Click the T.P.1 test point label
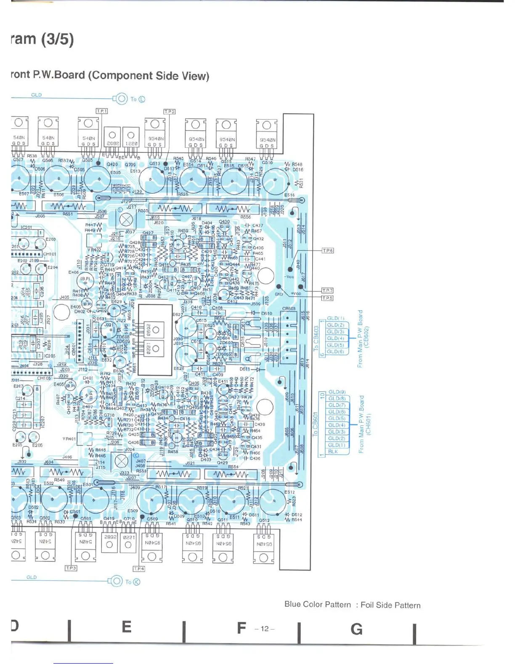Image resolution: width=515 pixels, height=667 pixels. (x=102, y=111)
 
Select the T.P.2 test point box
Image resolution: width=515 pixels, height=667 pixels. (x=169, y=112)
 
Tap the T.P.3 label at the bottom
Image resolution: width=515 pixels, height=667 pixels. (x=71, y=568)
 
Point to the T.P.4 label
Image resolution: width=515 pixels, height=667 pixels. (x=139, y=568)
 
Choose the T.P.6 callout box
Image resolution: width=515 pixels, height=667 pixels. (x=327, y=251)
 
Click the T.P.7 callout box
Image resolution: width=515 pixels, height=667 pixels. (x=327, y=291)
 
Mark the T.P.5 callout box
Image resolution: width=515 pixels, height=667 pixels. (x=327, y=298)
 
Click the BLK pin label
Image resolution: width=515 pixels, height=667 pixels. (x=333, y=451)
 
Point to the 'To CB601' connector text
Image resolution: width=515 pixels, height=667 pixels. (x=316, y=424)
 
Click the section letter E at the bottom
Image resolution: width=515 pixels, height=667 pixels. (x=126, y=627)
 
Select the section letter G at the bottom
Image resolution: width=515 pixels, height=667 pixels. (x=356, y=629)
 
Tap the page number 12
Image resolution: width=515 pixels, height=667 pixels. (x=265, y=629)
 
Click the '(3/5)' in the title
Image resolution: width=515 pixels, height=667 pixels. (x=57, y=39)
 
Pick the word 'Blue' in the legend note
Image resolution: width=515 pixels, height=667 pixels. (x=293, y=604)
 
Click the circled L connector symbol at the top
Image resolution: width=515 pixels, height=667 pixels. (x=142, y=99)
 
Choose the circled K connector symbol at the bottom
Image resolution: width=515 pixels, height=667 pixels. (x=136, y=582)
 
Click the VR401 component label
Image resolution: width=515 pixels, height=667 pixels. (x=69, y=439)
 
